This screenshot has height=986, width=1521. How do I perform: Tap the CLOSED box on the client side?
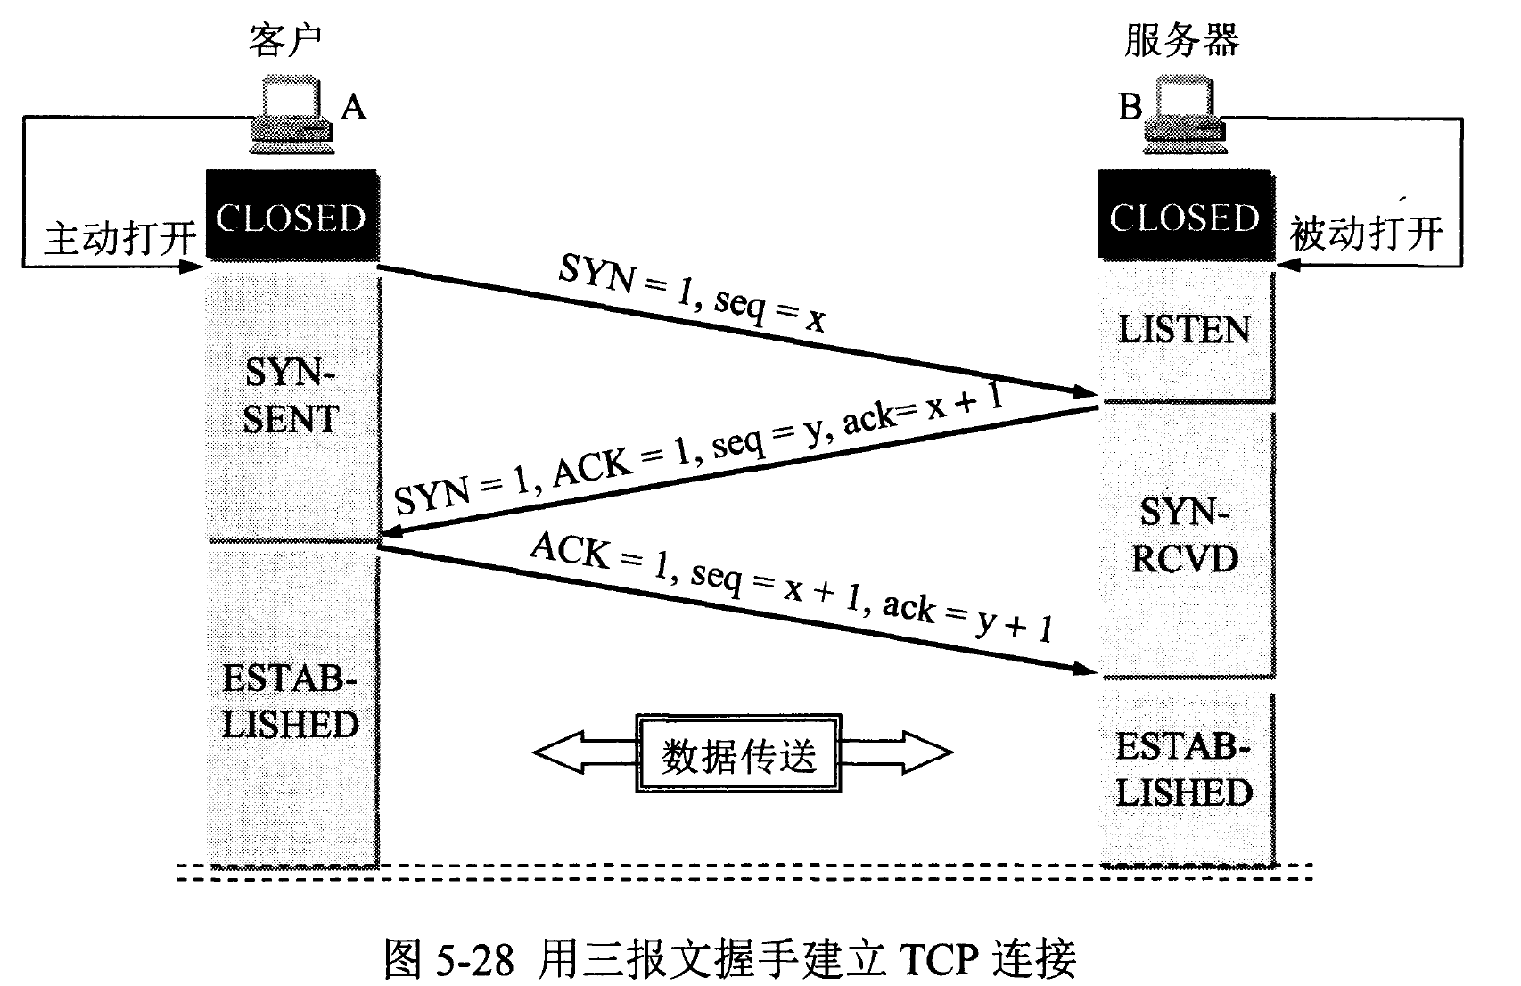click(292, 218)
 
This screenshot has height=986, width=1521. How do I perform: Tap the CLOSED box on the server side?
click(1184, 218)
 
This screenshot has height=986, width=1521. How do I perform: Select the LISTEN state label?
click(1184, 331)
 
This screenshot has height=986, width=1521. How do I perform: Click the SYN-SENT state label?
click(291, 396)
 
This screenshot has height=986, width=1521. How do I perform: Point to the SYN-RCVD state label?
click(1184, 536)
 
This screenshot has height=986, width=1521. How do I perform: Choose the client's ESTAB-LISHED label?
click(291, 702)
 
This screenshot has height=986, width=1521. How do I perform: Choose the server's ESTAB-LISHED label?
click(1184, 769)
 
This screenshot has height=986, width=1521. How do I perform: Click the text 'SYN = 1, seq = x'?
click(692, 292)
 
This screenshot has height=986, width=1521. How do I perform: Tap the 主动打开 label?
click(119, 238)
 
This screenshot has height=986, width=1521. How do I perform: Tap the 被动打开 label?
click(1366, 234)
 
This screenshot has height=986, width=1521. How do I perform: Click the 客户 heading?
click(284, 41)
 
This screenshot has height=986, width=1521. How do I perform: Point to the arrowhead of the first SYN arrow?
click(1086, 391)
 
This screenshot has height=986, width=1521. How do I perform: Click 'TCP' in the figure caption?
click(941, 958)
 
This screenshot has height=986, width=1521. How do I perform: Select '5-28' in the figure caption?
click(475, 959)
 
